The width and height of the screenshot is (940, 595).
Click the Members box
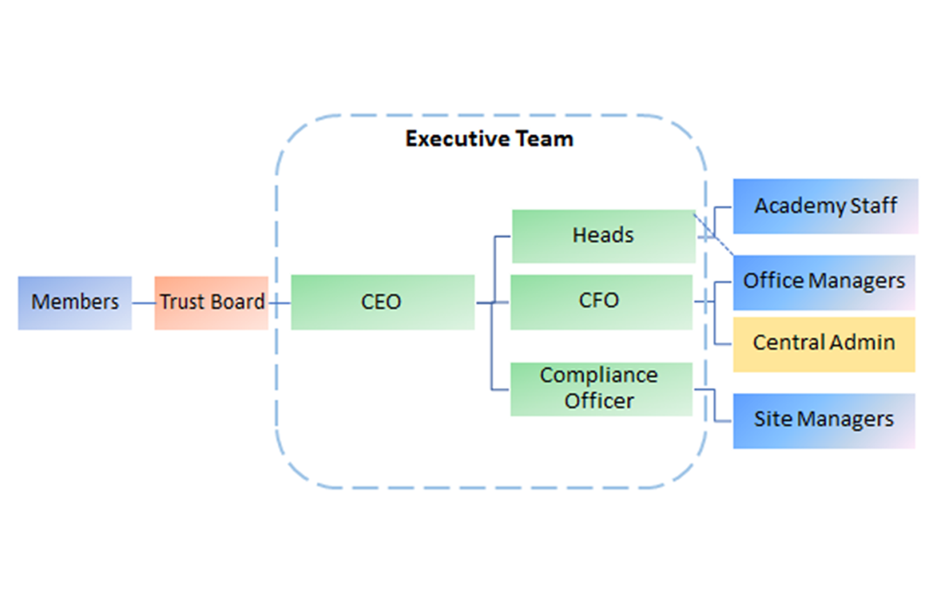click(x=75, y=302)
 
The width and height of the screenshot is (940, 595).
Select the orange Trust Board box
click(x=211, y=302)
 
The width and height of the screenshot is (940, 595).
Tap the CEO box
click(x=383, y=302)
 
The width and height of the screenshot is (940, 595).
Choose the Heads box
click(x=603, y=236)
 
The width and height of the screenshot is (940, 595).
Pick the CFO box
click(x=602, y=302)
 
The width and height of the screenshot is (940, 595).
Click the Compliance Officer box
click(x=602, y=389)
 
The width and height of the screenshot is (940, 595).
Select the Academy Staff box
click(x=826, y=206)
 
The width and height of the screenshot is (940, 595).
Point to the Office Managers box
click(x=824, y=282)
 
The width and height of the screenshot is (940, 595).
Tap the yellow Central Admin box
click(x=824, y=344)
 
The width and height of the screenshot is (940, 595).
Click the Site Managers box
click(x=824, y=421)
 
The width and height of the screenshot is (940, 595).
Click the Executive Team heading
click(x=489, y=139)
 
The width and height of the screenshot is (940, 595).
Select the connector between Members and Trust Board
click(x=143, y=303)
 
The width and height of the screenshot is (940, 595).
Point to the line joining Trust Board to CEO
click(x=279, y=303)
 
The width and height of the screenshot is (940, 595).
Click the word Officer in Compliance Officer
click(x=599, y=401)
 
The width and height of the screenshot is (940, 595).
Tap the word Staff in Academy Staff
click(x=874, y=206)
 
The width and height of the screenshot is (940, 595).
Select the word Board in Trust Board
click(x=237, y=301)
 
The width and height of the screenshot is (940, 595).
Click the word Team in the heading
click(x=544, y=139)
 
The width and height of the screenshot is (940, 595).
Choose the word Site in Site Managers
click(x=773, y=419)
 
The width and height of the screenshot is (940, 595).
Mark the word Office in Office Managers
click(x=773, y=281)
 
